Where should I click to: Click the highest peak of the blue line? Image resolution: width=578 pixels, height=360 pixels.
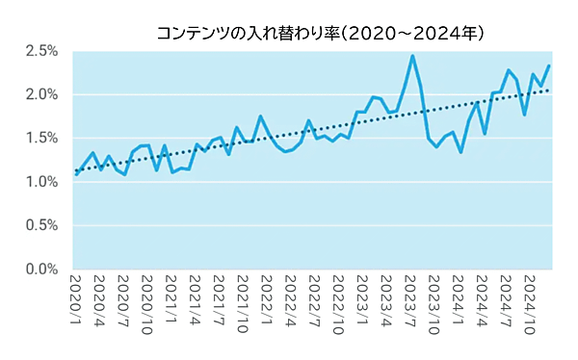click(x=412, y=56)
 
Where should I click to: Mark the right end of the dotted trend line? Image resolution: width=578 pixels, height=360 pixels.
click(x=548, y=90)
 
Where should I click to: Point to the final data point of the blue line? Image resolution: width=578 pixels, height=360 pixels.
click(x=548, y=65)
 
